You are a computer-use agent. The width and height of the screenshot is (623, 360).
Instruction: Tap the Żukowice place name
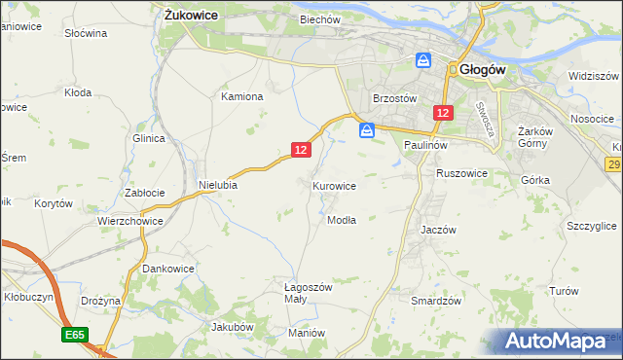[x=190, y=16]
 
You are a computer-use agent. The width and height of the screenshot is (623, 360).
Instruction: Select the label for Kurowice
[x=334, y=185]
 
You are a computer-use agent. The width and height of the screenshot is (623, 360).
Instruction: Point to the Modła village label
[x=342, y=220]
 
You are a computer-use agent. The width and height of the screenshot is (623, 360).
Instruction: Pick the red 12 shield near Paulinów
[x=443, y=114]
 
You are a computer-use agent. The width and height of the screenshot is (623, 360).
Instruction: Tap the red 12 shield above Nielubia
[x=301, y=150]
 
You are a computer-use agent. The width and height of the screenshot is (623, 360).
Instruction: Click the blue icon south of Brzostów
[x=367, y=130]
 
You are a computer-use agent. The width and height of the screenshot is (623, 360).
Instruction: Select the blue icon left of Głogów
[x=423, y=60]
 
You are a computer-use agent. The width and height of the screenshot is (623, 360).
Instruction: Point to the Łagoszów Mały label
[x=309, y=294]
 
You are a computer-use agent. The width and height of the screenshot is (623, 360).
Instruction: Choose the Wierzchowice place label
[x=128, y=221]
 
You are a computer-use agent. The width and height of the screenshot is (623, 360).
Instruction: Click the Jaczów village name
[x=438, y=230]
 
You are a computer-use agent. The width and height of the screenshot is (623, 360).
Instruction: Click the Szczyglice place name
[x=591, y=226]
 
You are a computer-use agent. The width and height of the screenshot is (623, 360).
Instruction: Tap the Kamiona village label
[x=242, y=96]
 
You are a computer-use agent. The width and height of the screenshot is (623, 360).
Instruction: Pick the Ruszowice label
[x=461, y=173]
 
